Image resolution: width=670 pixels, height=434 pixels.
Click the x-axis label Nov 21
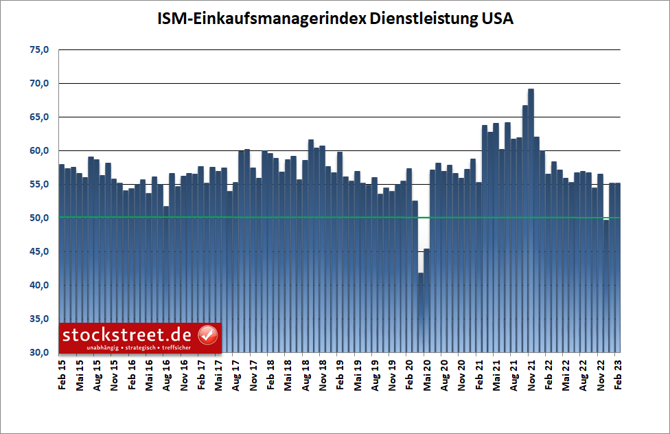[531, 375]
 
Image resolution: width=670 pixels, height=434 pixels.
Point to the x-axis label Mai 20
[426, 375]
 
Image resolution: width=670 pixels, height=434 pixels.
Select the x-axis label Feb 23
[617, 375]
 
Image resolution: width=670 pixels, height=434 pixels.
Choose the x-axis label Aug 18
[305, 375]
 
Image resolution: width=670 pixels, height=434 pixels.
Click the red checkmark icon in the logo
[207, 336]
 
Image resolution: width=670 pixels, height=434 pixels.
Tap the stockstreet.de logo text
[128, 336]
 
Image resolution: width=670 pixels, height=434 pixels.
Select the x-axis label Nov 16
[183, 375]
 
